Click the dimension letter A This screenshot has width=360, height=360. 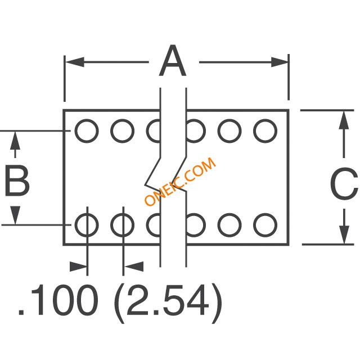coord(173,61)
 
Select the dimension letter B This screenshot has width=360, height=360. coord(17,181)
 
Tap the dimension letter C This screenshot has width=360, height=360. coord(344,183)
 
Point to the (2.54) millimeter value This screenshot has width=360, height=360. coord(168,303)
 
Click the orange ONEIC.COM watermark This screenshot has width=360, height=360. coord(180,181)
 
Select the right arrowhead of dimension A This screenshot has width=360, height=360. coord(280,62)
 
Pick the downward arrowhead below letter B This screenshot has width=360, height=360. coord(15,215)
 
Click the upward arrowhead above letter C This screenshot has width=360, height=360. coord(344,120)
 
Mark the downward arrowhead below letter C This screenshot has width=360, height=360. coord(344,235)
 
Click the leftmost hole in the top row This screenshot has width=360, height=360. coord(87,131)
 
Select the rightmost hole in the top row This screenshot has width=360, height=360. coord(265,131)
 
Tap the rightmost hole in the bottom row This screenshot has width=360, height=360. coord(265,225)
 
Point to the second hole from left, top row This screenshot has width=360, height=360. coord(123,131)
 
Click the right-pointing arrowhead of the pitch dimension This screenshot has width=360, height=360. coord(78,267)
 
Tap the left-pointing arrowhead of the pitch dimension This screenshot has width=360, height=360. coord(134,267)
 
